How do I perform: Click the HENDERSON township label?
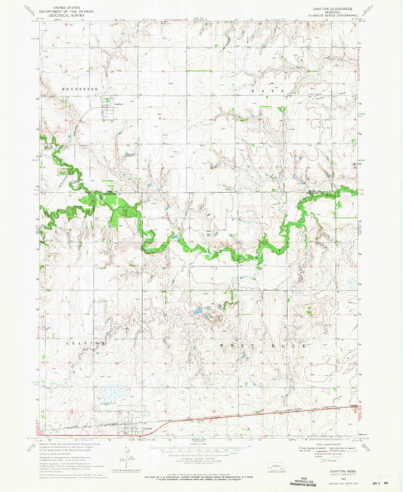point(80,88)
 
